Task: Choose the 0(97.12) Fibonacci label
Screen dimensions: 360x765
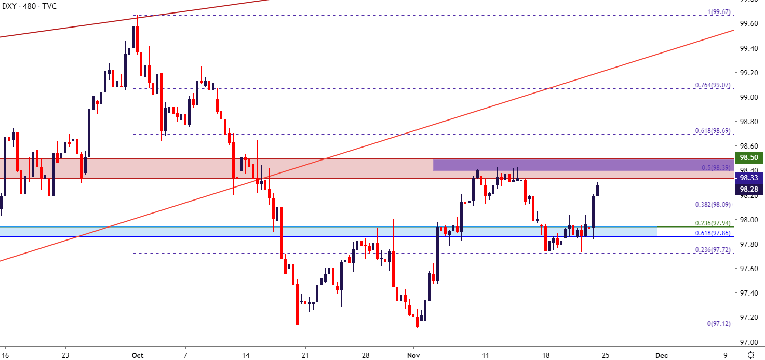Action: [x=718, y=323]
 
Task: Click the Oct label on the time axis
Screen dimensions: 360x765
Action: [x=137, y=355]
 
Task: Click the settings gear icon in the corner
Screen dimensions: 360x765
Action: [x=750, y=355]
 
